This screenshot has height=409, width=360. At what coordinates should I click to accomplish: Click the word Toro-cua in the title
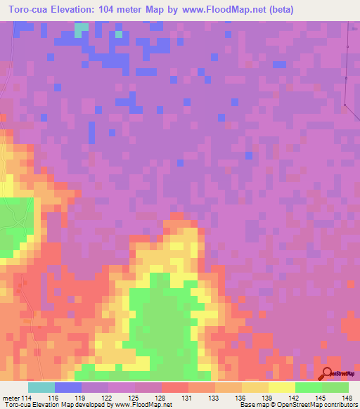point(29,10)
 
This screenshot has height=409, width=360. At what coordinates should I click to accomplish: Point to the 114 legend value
point(27,398)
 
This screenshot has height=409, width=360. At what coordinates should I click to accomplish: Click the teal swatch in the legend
point(41,387)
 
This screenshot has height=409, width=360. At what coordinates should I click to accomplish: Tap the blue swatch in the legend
point(68,387)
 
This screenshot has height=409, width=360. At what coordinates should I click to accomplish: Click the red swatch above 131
point(175,387)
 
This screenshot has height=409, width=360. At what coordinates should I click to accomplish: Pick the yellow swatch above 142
point(282,387)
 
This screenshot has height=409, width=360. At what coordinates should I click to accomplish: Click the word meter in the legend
point(9,398)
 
